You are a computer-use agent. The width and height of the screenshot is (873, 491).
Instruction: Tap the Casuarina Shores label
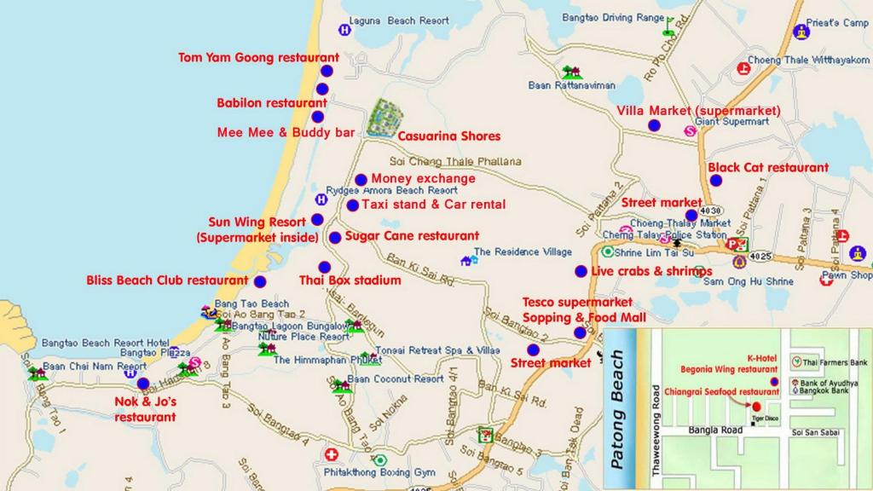(x=448, y=136)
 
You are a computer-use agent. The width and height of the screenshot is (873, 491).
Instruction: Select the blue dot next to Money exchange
(x=361, y=180)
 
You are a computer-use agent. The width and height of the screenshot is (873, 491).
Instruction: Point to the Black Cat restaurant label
(x=768, y=168)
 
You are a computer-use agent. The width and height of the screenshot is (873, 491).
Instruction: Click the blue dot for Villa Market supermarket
(x=654, y=125)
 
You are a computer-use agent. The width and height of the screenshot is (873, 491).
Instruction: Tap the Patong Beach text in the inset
(x=620, y=410)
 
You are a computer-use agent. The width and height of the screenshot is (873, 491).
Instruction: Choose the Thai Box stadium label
(x=350, y=280)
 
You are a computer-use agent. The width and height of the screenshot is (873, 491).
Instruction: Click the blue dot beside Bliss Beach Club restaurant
(x=260, y=281)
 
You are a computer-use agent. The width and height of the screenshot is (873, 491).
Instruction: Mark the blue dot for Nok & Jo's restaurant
(x=142, y=384)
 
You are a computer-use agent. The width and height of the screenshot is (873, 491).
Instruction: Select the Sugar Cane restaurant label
(x=412, y=236)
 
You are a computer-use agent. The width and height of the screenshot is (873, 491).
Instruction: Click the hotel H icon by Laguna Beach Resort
(x=344, y=30)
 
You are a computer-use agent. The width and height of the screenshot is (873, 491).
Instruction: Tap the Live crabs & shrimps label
(x=651, y=271)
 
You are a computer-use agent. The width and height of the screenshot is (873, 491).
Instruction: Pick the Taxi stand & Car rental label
(x=433, y=205)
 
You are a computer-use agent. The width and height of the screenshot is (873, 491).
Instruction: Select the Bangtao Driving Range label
(x=613, y=17)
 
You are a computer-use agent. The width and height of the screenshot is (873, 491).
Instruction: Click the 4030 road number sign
(x=711, y=211)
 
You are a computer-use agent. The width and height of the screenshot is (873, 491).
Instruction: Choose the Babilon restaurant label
(x=271, y=103)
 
